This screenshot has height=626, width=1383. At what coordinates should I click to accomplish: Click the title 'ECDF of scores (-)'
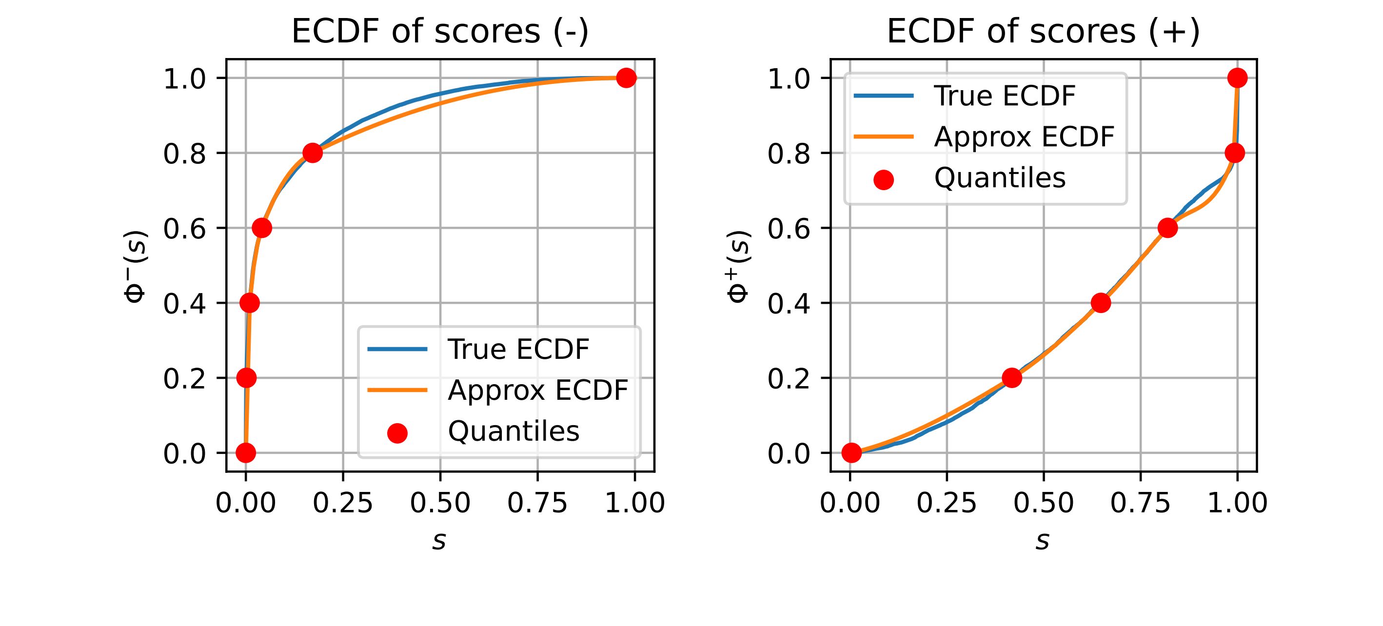pos(440,32)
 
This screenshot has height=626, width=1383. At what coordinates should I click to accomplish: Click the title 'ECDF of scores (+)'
pos(1043,32)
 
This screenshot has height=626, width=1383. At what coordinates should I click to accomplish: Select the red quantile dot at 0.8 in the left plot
pos(313,153)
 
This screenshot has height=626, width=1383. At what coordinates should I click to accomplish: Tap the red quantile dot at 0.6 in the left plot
pos(261,228)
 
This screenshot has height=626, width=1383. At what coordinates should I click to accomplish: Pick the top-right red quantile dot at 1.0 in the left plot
pos(626,78)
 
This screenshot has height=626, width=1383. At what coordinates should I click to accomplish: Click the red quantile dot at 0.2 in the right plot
pos(1012,378)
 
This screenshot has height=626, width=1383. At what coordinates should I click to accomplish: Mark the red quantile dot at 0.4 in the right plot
pos(1101,303)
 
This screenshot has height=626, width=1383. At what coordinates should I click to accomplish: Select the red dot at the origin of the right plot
pos(851,453)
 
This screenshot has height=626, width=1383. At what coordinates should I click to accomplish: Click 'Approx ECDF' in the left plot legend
pos(537,391)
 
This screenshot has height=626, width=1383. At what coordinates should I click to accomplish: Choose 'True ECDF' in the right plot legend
pos(1005,96)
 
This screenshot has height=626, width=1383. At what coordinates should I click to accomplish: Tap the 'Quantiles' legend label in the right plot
pos(999,177)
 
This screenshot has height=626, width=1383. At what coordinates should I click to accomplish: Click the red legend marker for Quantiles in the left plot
pos(397,433)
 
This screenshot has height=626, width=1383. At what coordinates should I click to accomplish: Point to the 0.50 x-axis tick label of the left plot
pos(440,504)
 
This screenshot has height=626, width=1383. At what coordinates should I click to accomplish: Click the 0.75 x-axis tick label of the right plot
pos(1140,504)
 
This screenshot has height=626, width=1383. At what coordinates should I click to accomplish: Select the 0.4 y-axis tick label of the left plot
pos(185,304)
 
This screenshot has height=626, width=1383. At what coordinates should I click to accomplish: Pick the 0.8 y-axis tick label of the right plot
pos(789,154)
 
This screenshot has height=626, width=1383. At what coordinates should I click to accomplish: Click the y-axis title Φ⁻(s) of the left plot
pos(136,266)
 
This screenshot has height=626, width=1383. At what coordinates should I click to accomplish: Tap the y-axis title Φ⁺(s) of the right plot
pos(739,266)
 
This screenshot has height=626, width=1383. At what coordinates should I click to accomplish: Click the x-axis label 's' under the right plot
pos(1043,541)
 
